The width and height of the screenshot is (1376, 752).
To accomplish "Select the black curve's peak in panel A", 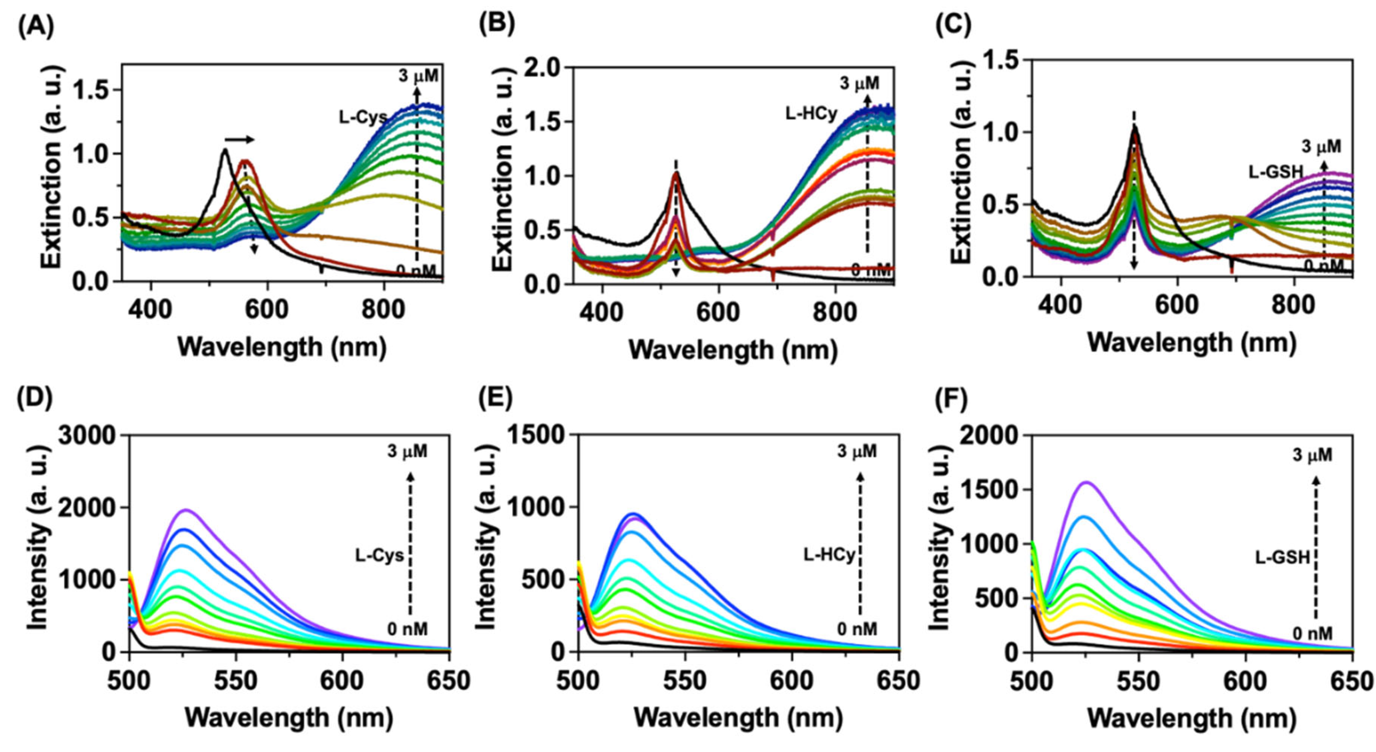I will click(x=225, y=150).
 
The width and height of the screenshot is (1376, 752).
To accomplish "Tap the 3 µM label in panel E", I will click(x=857, y=452).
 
